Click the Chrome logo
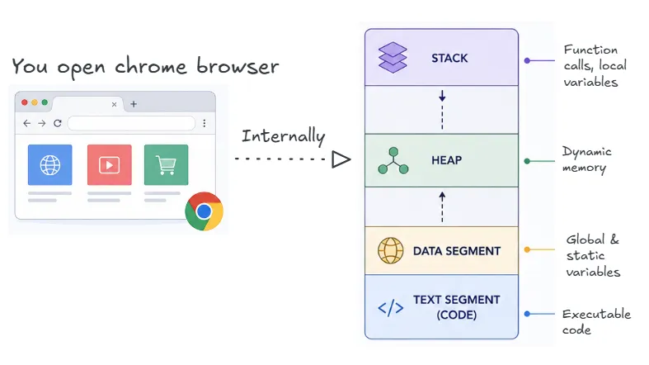coord(204,211)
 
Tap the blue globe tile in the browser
coord(49,165)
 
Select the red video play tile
coord(110,165)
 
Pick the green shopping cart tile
coord(166,165)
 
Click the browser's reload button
coord(58,123)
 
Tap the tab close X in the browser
coord(115,104)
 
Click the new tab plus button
coord(134,104)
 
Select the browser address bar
coord(131,123)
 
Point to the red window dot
coord(25,102)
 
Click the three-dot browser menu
coord(205,123)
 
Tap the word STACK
coord(449,59)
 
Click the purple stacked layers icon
coord(393,58)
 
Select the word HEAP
coord(446,160)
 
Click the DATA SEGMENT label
coord(457,251)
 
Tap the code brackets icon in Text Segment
coord(390,308)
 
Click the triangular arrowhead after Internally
coord(341,159)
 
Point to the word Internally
coord(284,136)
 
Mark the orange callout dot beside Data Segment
coord(527,249)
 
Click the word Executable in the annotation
coord(596,314)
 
